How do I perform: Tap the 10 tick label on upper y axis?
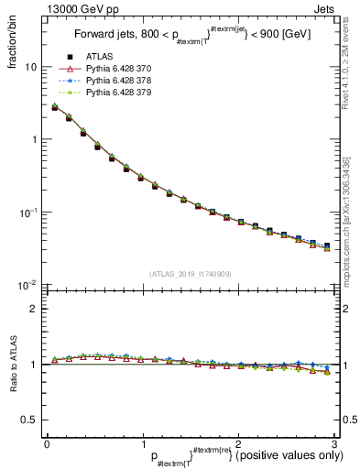pyautogui.click(x=31, y=67)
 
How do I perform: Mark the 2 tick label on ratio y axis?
pyautogui.click(x=34, y=309)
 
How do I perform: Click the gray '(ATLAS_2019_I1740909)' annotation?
pyautogui.click(x=190, y=274)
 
